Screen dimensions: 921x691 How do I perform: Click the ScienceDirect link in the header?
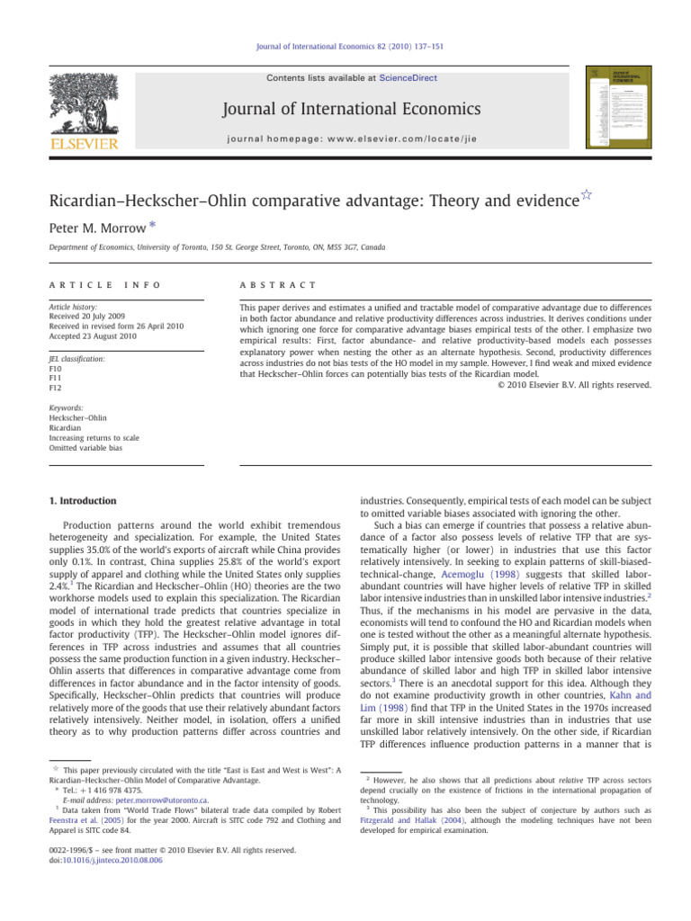point(408,78)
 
